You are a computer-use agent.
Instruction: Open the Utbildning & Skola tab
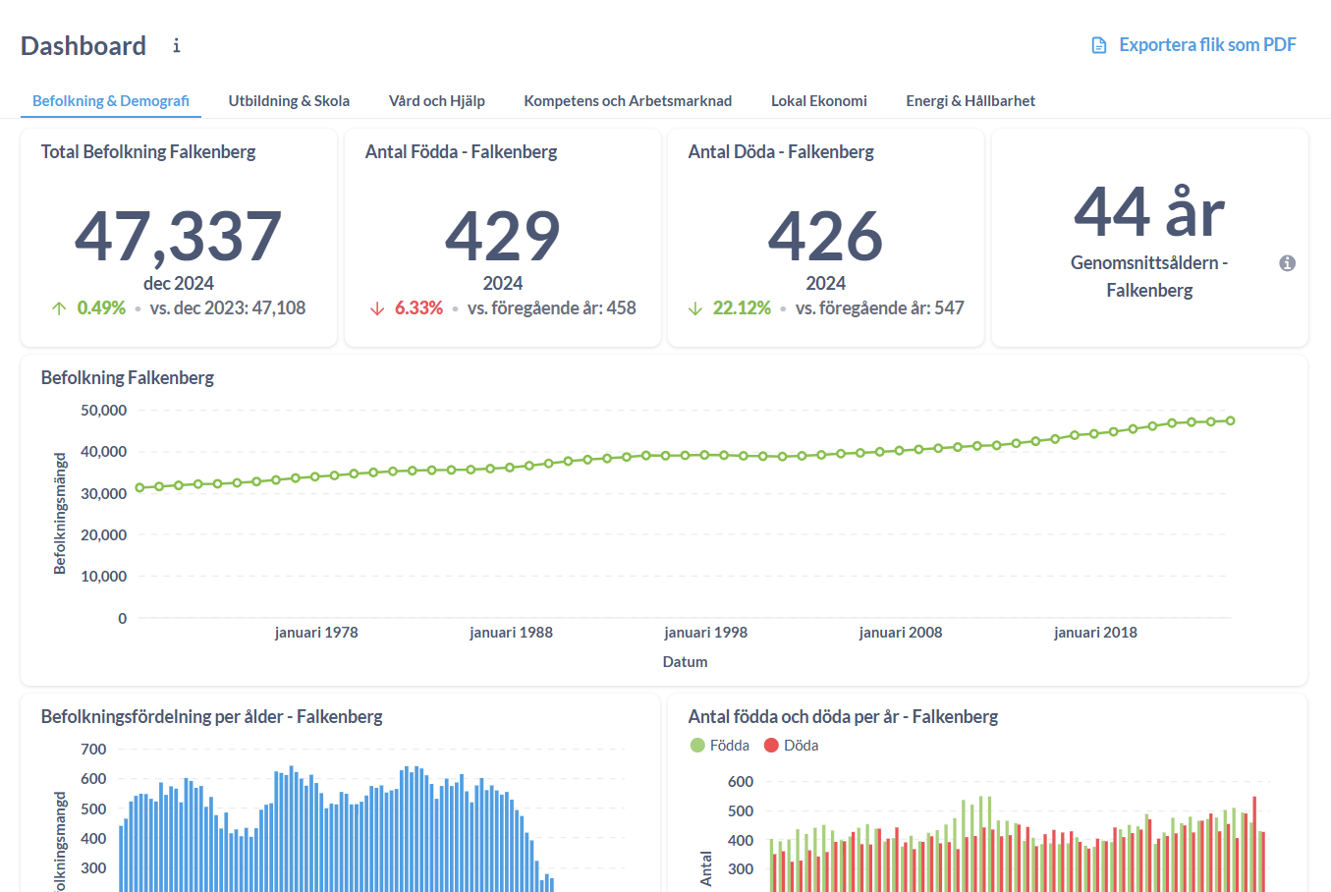click(289, 101)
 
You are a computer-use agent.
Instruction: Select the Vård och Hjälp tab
click(436, 101)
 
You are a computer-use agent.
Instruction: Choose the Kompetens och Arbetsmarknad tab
click(628, 101)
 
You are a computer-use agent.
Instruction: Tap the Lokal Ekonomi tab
click(818, 101)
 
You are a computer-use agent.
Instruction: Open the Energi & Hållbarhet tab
click(970, 101)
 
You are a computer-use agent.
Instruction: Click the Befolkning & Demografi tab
click(111, 101)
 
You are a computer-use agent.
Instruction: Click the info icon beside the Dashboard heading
click(177, 46)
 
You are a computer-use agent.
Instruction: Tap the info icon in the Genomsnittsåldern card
click(1287, 263)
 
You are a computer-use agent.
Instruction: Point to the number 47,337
click(179, 237)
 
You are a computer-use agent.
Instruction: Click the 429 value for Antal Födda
click(502, 237)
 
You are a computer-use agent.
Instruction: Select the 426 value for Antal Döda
click(825, 237)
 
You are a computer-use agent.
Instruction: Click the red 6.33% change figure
click(418, 308)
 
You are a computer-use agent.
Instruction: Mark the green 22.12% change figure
click(741, 308)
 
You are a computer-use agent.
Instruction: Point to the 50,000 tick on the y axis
click(103, 411)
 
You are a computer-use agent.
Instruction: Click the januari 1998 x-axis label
click(705, 633)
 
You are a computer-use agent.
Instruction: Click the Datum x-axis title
click(685, 662)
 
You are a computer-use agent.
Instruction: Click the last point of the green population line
click(1230, 420)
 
